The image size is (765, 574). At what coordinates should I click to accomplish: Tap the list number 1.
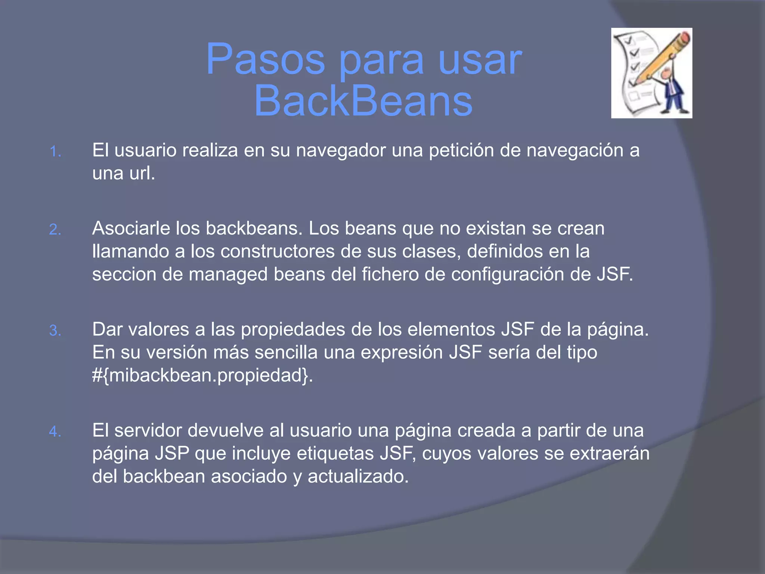(55, 152)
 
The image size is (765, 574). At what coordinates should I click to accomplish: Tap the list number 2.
(55, 229)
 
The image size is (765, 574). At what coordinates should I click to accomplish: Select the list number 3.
(55, 331)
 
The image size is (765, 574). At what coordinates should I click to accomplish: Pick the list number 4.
(55, 432)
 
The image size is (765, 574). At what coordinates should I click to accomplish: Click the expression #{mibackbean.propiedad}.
(202, 375)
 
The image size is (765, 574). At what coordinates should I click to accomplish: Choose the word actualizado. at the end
(358, 476)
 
